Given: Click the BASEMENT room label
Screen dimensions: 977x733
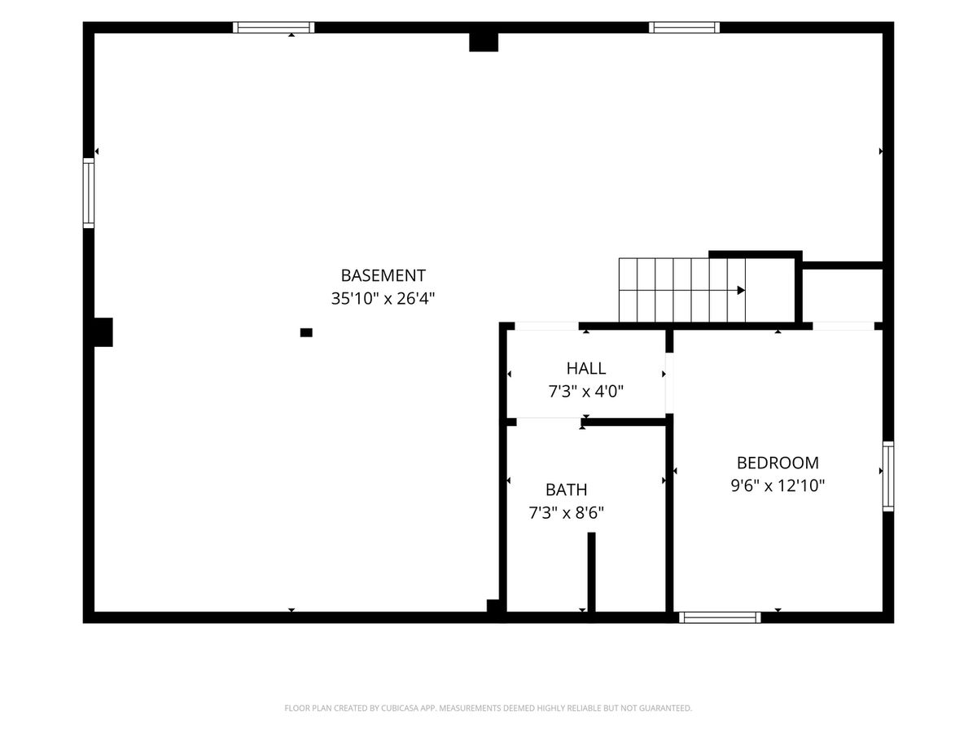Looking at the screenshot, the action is (x=383, y=275).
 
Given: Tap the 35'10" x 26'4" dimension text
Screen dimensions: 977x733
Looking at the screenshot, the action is (x=383, y=298).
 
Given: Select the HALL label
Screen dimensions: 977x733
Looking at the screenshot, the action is (x=585, y=368).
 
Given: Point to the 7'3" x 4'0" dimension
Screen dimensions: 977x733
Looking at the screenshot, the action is (x=585, y=391).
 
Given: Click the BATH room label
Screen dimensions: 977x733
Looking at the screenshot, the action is (x=566, y=489).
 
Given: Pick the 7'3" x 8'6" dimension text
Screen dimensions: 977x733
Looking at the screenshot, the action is (x=566, y=513).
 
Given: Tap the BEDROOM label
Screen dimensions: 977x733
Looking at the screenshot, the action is (x=778, y=463).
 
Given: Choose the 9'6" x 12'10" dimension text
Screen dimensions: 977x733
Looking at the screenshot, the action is (x=778, y=485).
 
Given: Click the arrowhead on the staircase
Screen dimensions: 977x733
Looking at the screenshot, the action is (x=741, y=290).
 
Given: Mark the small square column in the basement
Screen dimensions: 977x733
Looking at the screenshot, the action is (x=306, y=332).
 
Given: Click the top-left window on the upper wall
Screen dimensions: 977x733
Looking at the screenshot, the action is (x=274, y=28).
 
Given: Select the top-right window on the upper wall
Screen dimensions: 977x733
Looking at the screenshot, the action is (x=684, y=28).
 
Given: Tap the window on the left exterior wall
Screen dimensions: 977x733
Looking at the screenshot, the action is (x=89, y=193).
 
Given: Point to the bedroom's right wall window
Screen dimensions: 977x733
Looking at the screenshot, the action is (x=888, y=476).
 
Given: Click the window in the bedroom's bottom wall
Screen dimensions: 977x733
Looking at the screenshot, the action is (x=720, y=617).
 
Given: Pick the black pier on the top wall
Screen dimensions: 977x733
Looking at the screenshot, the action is (x=484, y=42).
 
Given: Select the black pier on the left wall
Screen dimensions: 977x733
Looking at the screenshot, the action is (x=103, y=332).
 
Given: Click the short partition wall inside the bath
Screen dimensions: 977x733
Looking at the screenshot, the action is (x=592, y=572).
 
